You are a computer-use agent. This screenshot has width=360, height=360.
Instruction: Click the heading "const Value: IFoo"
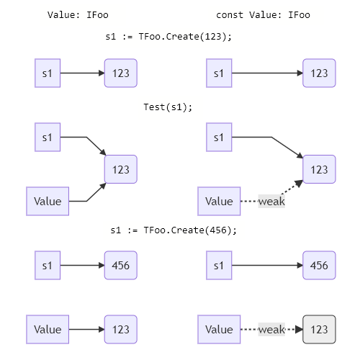click(x=263, y=15)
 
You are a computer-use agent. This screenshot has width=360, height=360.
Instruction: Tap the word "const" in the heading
click(x=230, y=15)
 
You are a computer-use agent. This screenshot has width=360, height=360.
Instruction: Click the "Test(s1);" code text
click(x=168, y=107)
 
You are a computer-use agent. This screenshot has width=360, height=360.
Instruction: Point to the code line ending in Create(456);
click(x=174, y=230)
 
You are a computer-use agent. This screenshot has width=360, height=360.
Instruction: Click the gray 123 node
click(x=319, y=329)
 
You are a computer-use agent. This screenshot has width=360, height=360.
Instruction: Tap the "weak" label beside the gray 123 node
click(x=271, y=329)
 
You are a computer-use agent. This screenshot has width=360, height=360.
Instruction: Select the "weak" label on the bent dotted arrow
click(x=271, y=202)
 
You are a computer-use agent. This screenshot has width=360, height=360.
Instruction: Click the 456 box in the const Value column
click(x=319, y=265)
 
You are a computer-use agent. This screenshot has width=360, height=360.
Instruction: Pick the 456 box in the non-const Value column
click(x=120, y=265)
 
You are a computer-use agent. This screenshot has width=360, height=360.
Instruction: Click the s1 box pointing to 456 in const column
click(x=219, y=265)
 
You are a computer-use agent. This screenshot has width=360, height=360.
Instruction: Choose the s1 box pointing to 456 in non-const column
click(x=48, y=265)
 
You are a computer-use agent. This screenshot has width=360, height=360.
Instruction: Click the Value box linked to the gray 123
click(x=219, y=329)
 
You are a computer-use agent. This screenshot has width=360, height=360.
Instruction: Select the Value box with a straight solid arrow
click(x=48, y=329)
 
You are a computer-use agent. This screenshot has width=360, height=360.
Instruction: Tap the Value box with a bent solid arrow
click(x=48, y=202)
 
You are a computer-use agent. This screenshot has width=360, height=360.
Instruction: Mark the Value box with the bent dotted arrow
click(x=219, y=202)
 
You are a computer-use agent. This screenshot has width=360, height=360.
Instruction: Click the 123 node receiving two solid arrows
click(x=120, y=169)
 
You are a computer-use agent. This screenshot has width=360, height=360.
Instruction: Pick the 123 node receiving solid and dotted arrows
click(x=319, y=169)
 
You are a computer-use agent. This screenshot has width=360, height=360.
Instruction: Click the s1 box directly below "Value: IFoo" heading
click(x=48, y=73)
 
